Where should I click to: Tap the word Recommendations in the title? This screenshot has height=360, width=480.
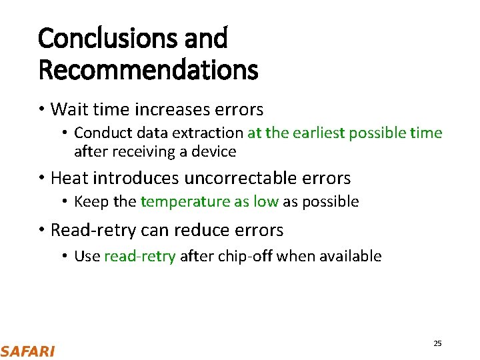tap(148, 69)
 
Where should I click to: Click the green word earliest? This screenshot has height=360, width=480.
tap(315, 133)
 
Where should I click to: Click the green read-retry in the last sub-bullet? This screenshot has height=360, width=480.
tap(140, 256)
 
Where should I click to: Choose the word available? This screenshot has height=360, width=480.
tap(350, 256)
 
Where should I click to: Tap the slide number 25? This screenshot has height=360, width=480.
tap(437, 343)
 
